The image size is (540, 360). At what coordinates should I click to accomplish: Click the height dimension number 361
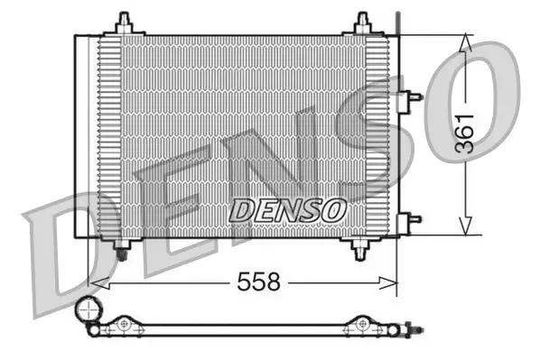(x=464, y=135)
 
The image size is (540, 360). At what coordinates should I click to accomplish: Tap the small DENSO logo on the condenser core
(x=287, y=209)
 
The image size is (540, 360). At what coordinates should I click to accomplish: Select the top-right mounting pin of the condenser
(x=363, y=21)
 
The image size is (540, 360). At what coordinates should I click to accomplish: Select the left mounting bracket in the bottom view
(x=123, y=324)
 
